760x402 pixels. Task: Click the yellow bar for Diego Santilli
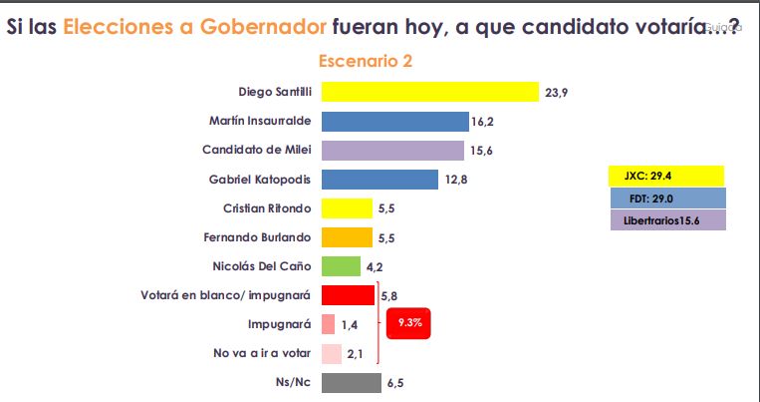(429, 92)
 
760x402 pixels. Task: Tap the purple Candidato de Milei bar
(392, 151)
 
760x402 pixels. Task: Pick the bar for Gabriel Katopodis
(380, 180)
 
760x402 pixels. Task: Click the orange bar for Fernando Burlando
(347, 237)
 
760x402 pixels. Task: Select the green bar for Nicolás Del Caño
(341, 266)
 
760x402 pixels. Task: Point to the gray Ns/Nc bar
(351, 382)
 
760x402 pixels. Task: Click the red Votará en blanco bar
(348, 295)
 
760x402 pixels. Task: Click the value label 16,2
(483, 122)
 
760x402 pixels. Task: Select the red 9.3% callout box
(409, 323)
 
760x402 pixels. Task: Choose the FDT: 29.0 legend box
(664, 199)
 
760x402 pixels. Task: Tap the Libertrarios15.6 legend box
(664, 219)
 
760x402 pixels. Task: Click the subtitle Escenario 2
(366, 61)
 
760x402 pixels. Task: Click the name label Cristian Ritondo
(269, 208)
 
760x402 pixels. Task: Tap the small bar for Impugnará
(328, 324)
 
